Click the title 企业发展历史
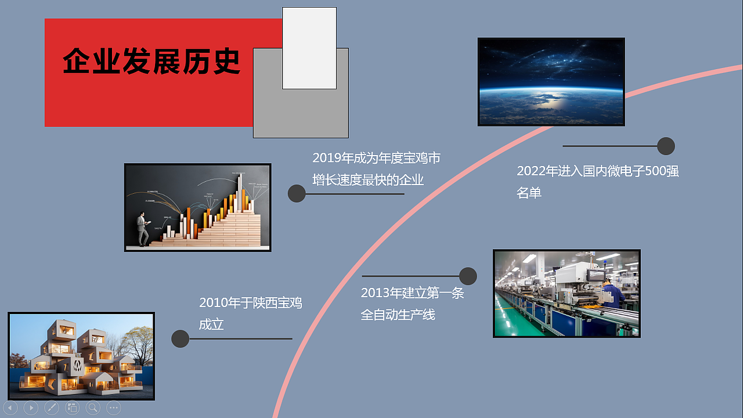(152, 61)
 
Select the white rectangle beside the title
(309, 48)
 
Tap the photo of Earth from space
(551, 82)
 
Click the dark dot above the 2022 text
(666, 146)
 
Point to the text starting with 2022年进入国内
(597, 171)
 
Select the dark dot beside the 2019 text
(297, 194)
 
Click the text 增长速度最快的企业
(368, 180)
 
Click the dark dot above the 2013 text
(468, 276)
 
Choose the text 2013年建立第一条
(412, 293)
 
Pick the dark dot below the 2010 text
(181, 338)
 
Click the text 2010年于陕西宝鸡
(250, 302)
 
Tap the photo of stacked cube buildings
(81, 356)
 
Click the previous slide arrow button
(10, 408)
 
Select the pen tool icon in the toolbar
(52, 408)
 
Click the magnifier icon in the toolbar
(93, 408)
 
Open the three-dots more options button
(114, 408)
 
